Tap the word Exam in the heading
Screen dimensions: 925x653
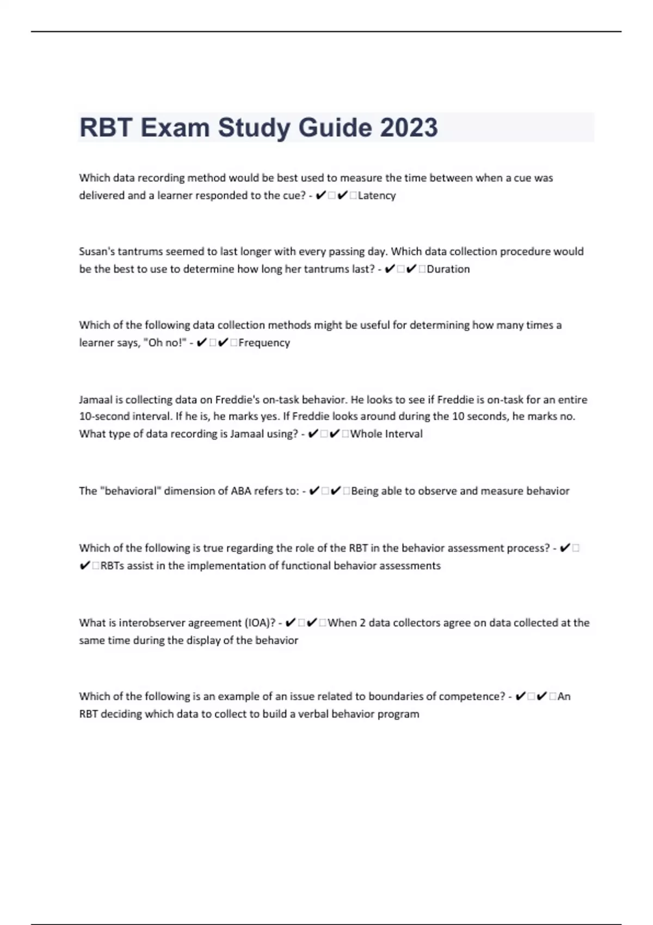(x=175, y=128)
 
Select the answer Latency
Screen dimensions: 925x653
(x=377, y=195)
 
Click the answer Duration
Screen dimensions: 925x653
(x=448, y=269)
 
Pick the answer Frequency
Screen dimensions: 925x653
(x=264, y=343)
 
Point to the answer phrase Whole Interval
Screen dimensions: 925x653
(x=386, y=434)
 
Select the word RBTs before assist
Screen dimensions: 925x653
(x=112, y=566)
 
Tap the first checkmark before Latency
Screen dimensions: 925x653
(x=321, y=195)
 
